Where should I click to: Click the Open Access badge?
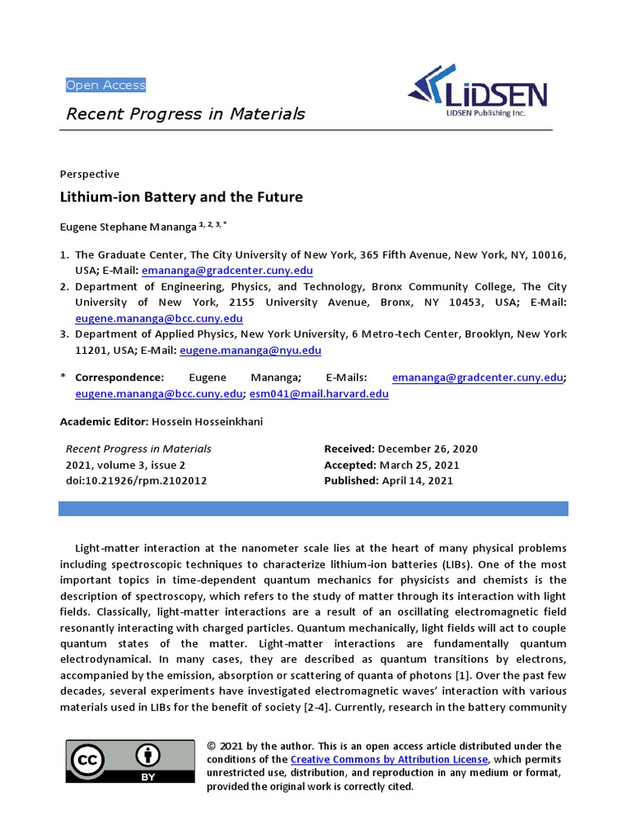105,85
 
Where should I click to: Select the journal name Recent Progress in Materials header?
185,113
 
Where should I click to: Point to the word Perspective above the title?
90,174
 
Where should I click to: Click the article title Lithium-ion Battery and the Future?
181,197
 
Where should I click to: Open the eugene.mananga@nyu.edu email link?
250,351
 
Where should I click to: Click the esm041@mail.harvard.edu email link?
318,393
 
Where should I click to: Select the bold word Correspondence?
119,378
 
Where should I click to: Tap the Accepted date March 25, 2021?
420,465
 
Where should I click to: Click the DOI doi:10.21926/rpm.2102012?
136,480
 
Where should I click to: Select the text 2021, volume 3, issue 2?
126,465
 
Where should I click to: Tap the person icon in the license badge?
149,754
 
